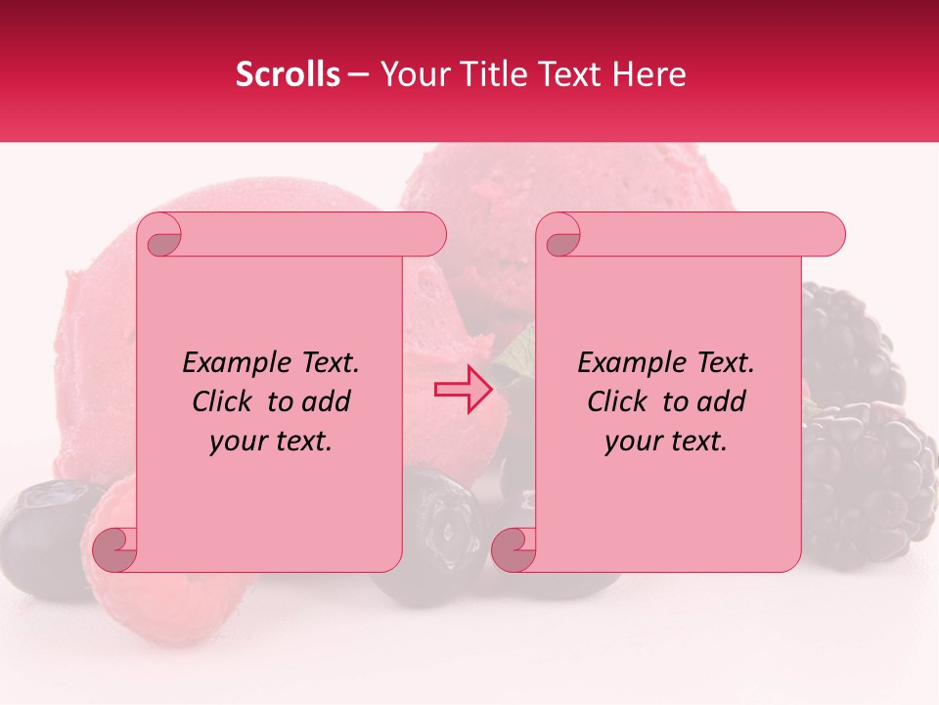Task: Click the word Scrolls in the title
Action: coord(289,74)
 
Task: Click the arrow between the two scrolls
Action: coord(463,390)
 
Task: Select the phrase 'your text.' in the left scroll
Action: coord(271,442)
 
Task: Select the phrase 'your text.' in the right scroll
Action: coord(666,442)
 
